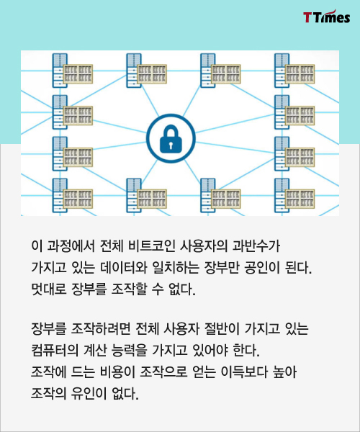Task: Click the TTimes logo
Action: point(327,17)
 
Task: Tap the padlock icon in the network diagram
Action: point(171,139)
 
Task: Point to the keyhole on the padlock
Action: point(171,145)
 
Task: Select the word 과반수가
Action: point(256,246)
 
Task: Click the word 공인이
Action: point(262,268)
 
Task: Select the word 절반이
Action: point(222,329)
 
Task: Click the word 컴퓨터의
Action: point(55,350)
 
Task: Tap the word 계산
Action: point(95,350)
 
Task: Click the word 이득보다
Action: point(244,372)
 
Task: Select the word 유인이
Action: point(89,393)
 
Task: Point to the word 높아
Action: point(284,372)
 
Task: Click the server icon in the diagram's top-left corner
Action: point(73,71)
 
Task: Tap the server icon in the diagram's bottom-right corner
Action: point(294,195)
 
